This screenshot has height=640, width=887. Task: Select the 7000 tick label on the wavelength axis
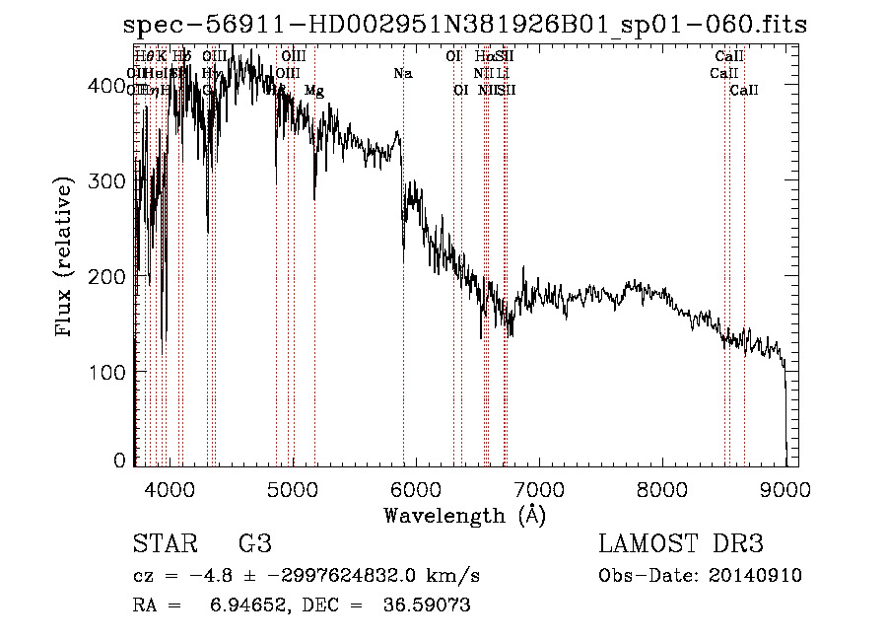tap(539, 489)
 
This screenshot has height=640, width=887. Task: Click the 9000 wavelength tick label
tap(785, 489)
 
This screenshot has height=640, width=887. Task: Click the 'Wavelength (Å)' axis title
tap(464, 515)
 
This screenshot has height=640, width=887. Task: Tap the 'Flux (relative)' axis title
tap(65, 258)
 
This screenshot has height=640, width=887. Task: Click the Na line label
tap(402, 74)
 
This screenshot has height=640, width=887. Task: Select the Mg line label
tap(314, 91)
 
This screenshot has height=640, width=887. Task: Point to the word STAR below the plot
tap(164, 544)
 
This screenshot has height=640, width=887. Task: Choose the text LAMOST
tap(645, 544)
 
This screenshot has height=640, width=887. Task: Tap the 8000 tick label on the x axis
tap(662, 489)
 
